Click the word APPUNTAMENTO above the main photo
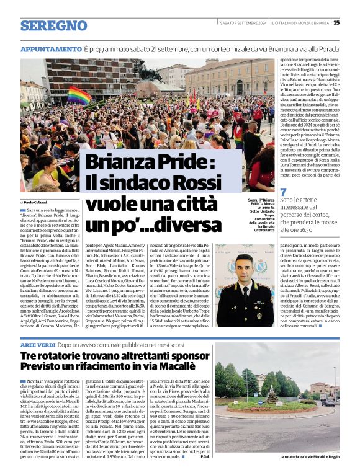[x=51, y=49]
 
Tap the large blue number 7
[x=284, y=192]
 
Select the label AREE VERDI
[x=38, y=344]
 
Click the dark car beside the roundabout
[x=328, y=402]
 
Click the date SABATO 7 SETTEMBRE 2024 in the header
[x=244, y=23]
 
